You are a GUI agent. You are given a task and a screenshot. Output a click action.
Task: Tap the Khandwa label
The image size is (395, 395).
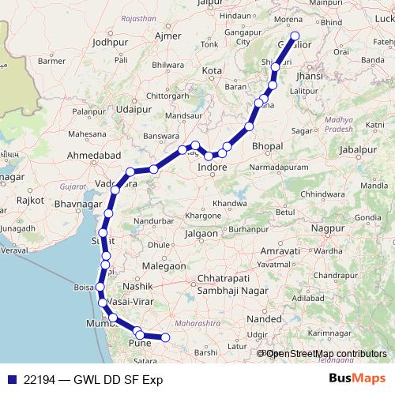coord(230,203)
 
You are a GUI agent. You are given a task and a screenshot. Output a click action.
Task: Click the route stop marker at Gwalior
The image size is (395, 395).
coord(295,36)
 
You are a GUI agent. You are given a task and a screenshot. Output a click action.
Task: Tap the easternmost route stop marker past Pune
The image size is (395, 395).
coord(165,338)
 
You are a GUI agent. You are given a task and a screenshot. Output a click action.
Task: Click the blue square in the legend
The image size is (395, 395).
coord(9,379)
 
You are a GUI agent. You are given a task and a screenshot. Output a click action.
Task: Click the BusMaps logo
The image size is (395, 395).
coord(357,378)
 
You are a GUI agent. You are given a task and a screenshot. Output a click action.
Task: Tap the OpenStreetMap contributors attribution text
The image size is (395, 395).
coord(325,353)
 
